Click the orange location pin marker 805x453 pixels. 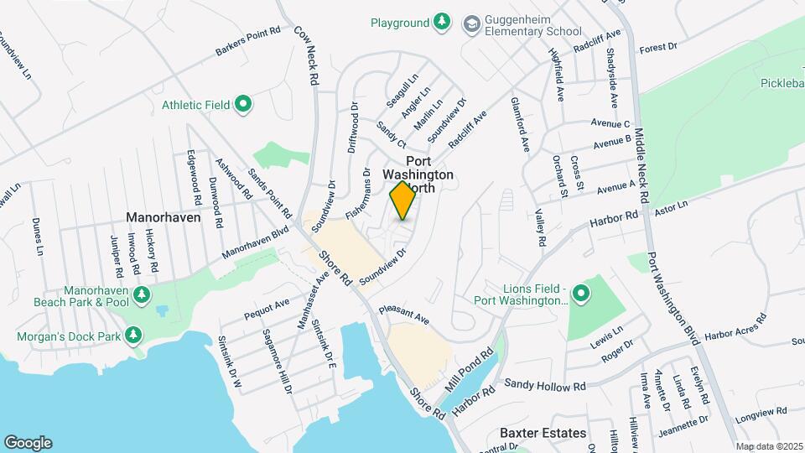pyautogui.click(x=402, y=200)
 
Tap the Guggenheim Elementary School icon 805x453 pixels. pyautogui.click(x=470, y=23)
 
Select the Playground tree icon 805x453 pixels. pyautogui.click(x=442, y=23)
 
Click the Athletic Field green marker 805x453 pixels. pyautogui.click(x=243, y=105)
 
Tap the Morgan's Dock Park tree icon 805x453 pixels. pyautogui.click(x=132, y=336)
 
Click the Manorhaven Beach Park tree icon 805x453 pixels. pyautogui.click(x=141, y=294)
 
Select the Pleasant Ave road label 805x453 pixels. pyautogui.click(x=403, y=315)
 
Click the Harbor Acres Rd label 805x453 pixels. pyautogui.click(x=735, y=327)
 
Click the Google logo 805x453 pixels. pyautogui.click(x=28, y=443)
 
